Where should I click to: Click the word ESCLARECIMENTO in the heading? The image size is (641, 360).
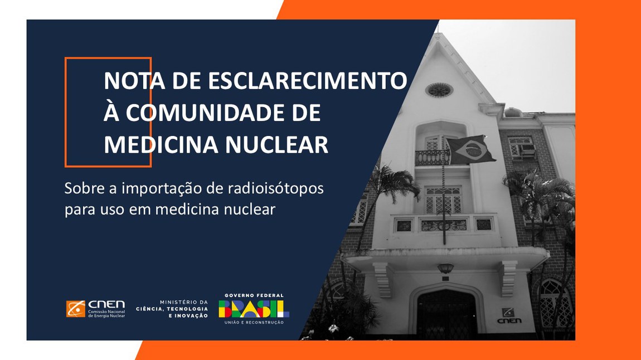pos(308,80)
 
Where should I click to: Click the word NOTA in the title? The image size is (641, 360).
pos(134,80)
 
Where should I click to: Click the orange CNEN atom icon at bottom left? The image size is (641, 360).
pos(76,309)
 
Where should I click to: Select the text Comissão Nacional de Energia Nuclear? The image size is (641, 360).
pos(106,313)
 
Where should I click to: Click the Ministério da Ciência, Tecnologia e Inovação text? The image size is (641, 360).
pos(172,309)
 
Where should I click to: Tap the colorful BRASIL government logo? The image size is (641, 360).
pos(254,309)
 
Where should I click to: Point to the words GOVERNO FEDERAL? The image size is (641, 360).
pos(254,295)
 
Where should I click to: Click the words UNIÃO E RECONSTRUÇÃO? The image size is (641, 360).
pos(254,323)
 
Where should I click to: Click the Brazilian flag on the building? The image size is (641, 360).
pos(470,149)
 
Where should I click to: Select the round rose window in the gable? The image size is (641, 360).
pos(439,90)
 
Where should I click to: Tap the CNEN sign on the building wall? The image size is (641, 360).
pos(509,316)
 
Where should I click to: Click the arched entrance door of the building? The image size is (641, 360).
pos(447,314)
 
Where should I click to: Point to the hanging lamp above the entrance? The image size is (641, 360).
pos(445,268)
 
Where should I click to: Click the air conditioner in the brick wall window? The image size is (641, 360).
pos(528,150)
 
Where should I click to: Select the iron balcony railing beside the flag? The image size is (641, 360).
pos(432,158)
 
